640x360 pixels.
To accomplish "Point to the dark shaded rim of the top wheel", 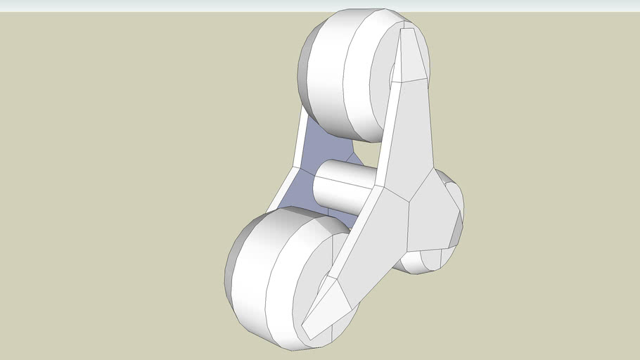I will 305,70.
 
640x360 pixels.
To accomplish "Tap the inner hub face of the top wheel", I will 383,84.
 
